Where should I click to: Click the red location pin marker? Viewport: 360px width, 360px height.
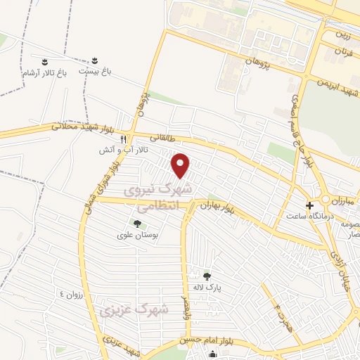pos(181,165)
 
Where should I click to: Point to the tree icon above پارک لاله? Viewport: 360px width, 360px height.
pos(206,275)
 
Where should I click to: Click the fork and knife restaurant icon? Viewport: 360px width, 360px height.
pos(124,139)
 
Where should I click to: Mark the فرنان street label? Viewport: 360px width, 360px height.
pos(342,52)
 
